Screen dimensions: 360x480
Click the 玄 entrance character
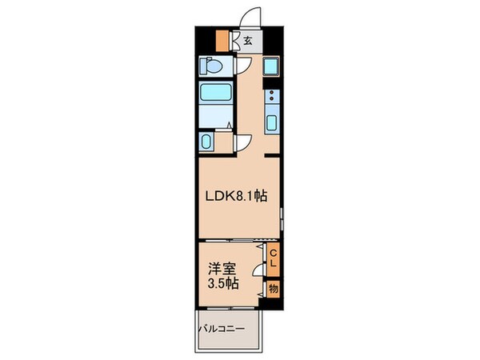248,40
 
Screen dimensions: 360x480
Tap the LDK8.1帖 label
238,198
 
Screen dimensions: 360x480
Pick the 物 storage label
273,289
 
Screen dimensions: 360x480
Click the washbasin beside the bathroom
206,142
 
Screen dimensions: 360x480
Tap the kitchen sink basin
271,123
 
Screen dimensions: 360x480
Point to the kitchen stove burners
271,99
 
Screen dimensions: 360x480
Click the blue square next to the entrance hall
270,66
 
